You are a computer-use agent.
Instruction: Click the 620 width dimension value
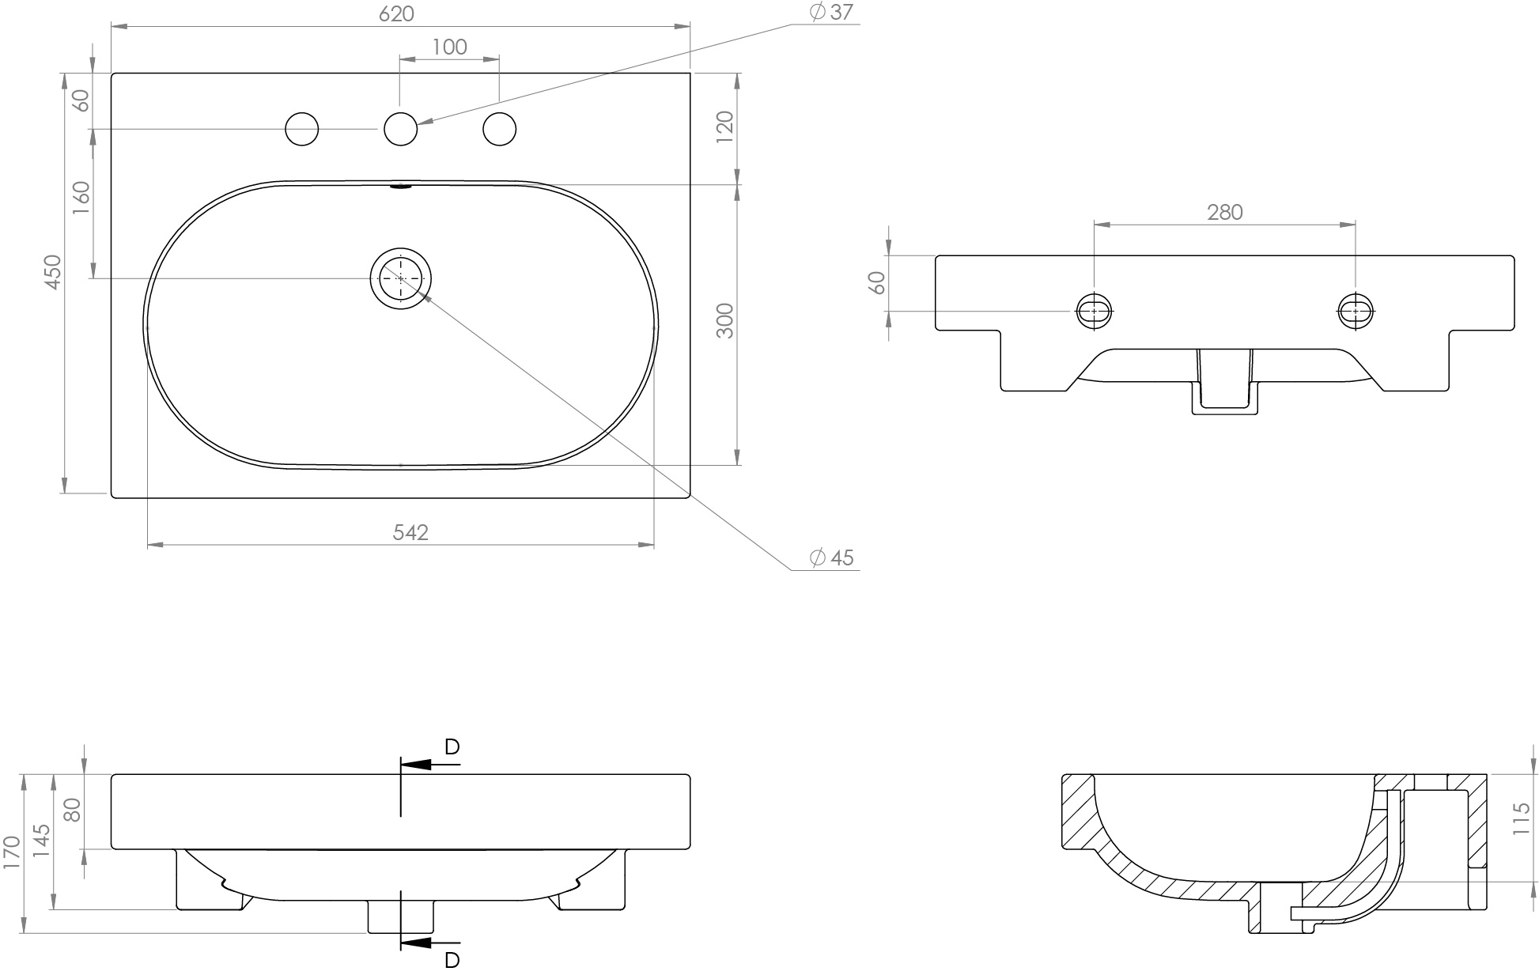coord(396,13)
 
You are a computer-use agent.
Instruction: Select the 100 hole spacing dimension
coord(449,47)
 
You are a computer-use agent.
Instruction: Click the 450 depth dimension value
coord(52,271)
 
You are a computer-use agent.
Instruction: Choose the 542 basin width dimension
coord(410,532)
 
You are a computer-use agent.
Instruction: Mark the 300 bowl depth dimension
coord(725,320)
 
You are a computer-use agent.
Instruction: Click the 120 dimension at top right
coord(725,127)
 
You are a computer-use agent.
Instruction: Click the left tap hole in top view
coord(301,129)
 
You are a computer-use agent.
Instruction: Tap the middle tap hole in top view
coord(401,129)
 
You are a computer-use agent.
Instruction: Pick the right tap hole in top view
coord(500,129)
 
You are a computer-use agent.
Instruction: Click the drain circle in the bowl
coord(401,278)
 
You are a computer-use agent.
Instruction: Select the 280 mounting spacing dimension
coord(1225,212)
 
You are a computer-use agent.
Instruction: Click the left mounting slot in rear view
coord(1095,311)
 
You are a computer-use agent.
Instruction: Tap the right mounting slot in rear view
coord(1356,311)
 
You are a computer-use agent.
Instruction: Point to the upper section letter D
coord(452,746)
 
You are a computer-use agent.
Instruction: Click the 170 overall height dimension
coord(11,852)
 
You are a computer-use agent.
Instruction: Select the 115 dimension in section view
coord(1520,819)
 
